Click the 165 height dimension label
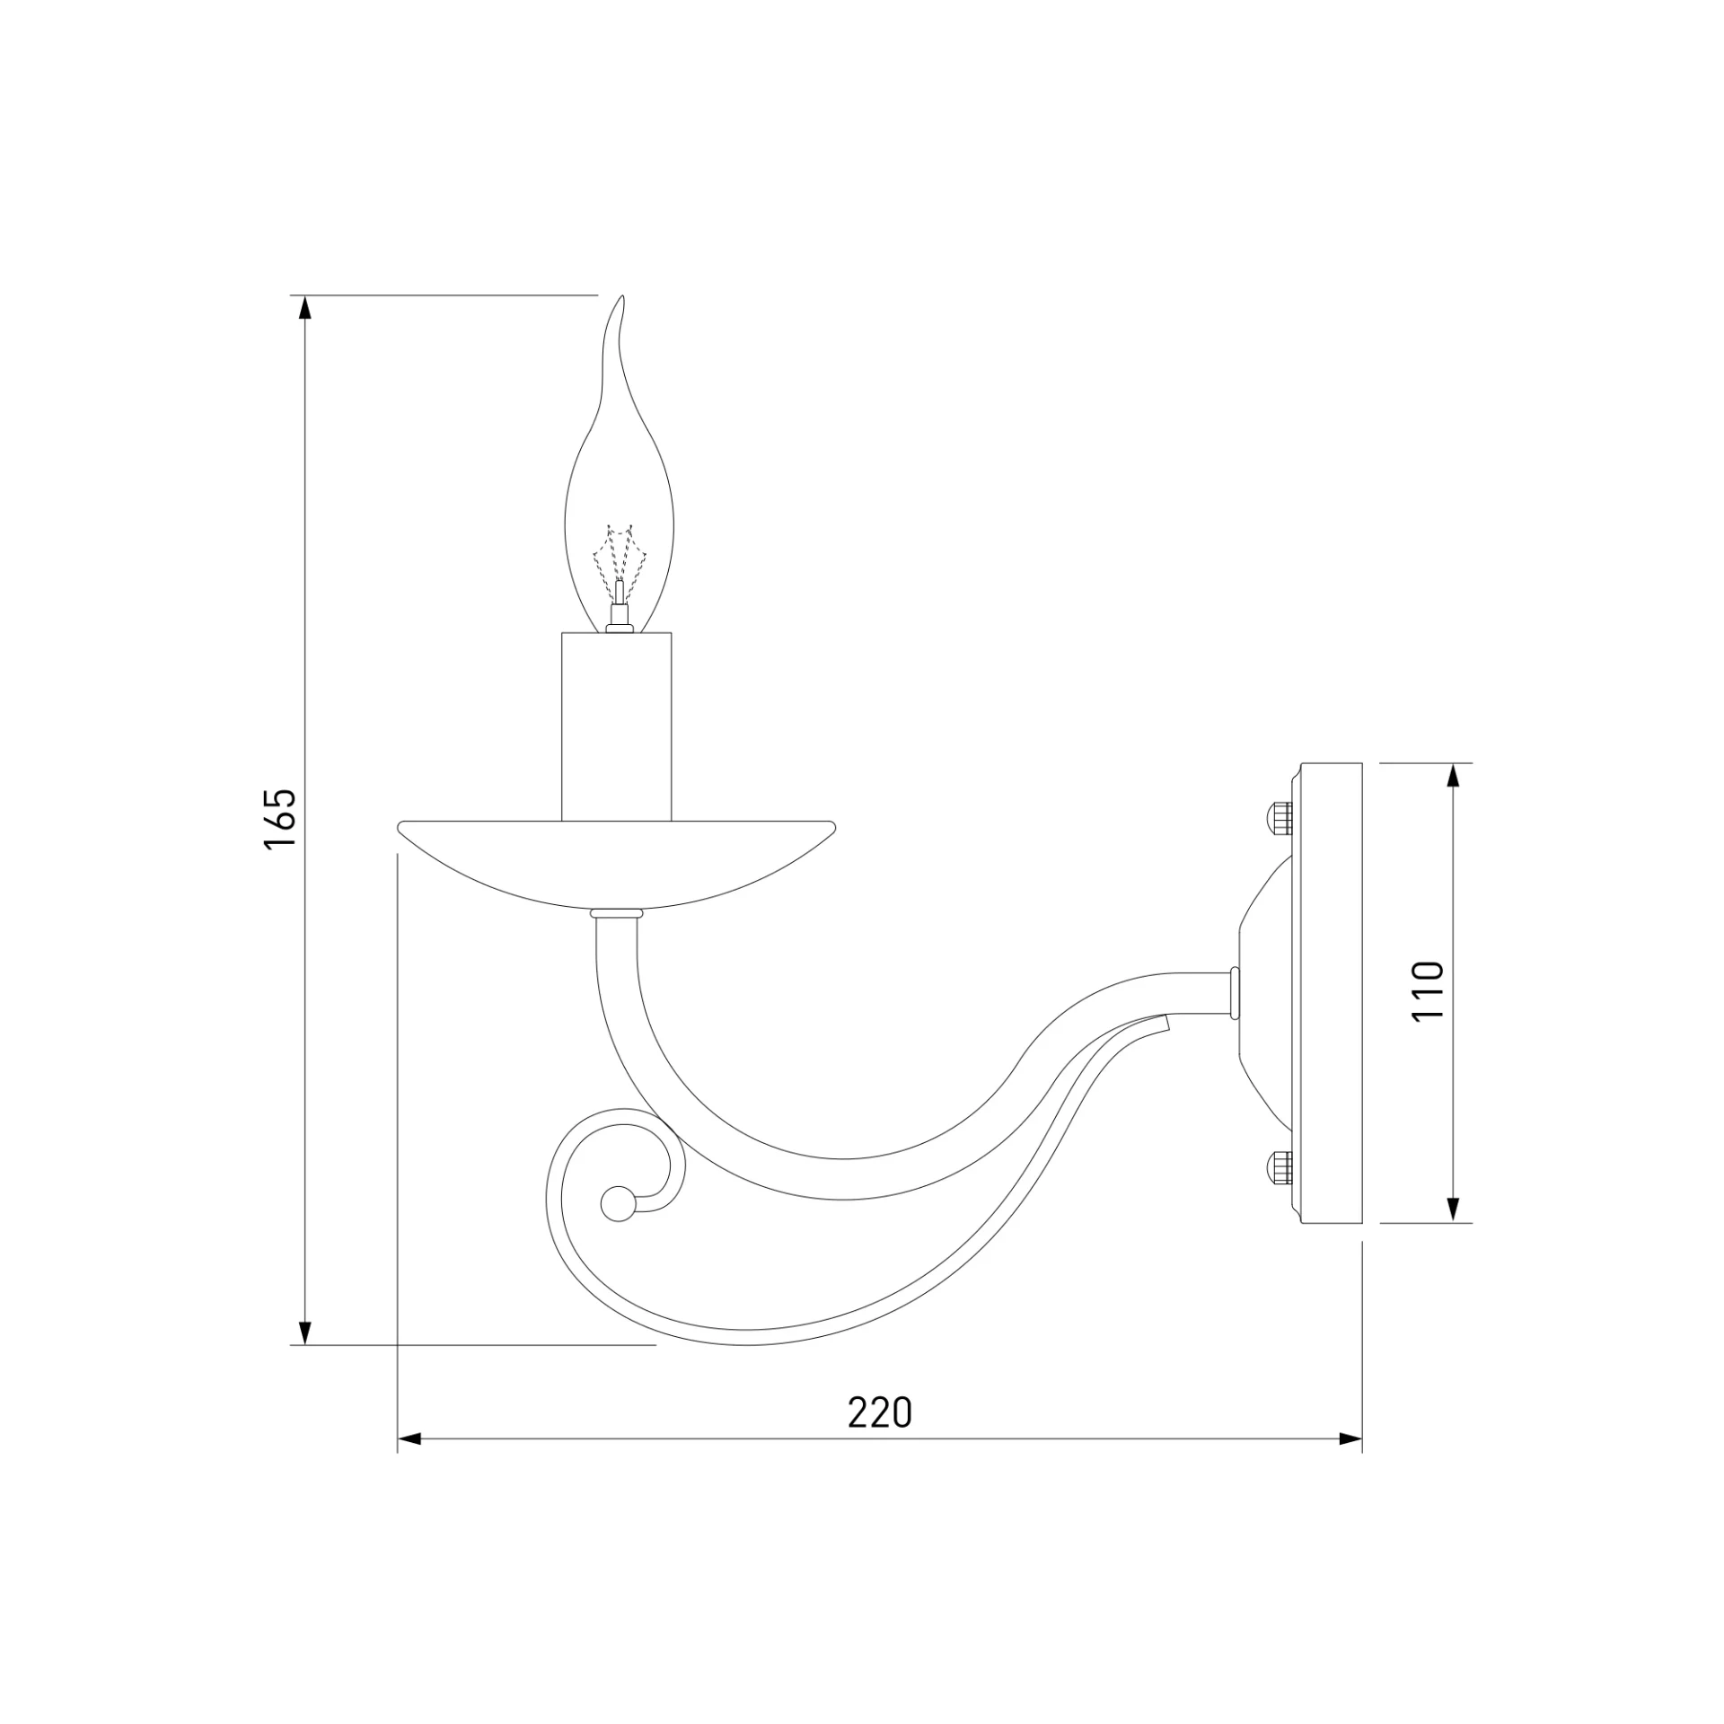280,818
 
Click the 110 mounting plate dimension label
1428,990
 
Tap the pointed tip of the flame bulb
622,296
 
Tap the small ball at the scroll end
617,1204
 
